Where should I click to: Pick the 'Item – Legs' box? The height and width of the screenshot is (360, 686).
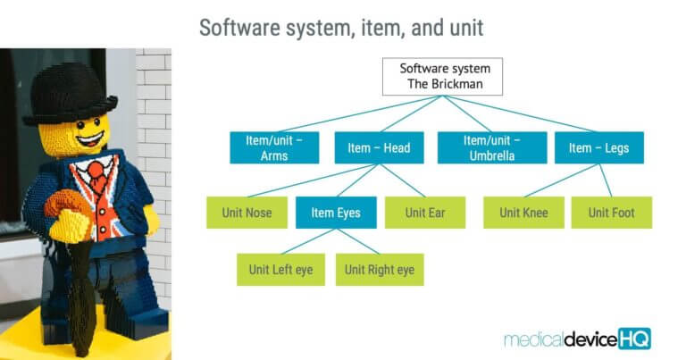[x=598, y=147]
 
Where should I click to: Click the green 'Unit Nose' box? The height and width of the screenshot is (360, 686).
[x=246, y=213]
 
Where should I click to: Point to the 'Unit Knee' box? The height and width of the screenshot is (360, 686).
[x=523, y=213]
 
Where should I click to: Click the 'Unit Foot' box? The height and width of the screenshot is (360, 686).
[x=612, y=213]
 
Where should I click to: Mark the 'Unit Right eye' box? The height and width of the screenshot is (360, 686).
[x=380, y=270]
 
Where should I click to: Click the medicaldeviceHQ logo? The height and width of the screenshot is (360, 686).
[x=577, y=339]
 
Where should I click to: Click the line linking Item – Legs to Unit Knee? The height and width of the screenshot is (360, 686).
[x=558, y=180]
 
